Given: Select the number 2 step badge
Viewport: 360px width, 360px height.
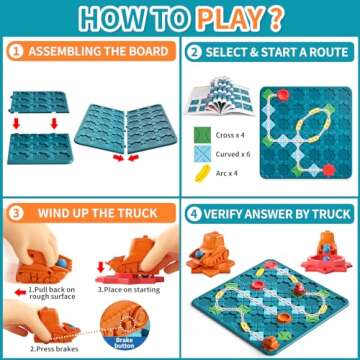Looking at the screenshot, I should (x=193, y=51).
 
